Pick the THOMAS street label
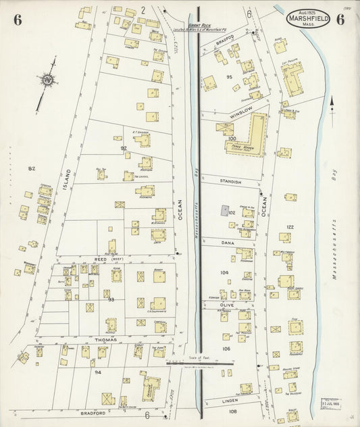(x=105, y=340)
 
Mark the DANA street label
(x=227, y=241)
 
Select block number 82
(x=31, y=168)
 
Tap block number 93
(x=112, y=299)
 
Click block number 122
(x=290, y=227)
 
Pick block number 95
(x=230, y=77)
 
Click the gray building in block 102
(x=224, y=211)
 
